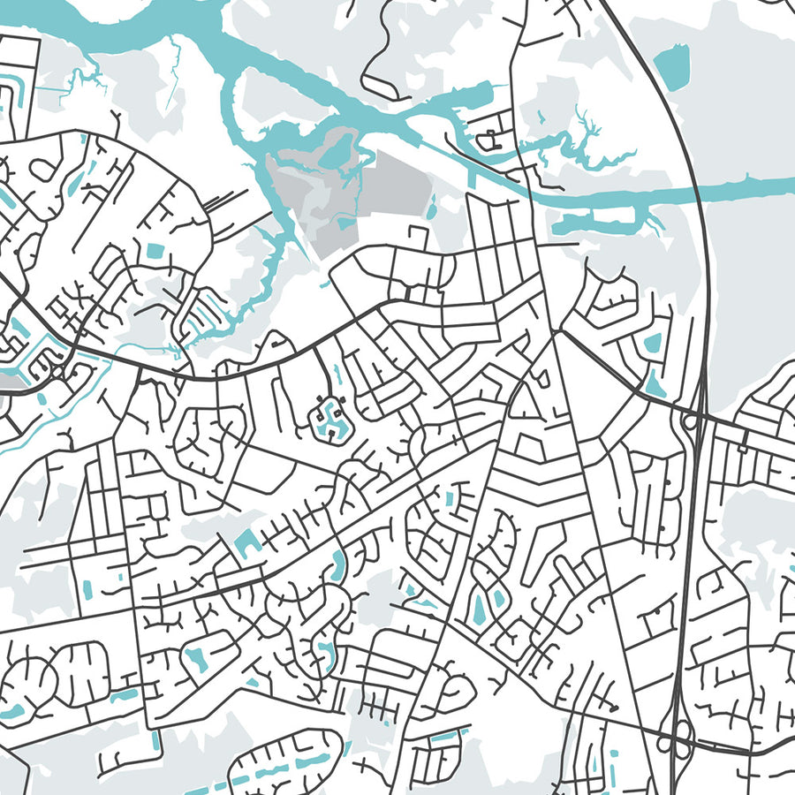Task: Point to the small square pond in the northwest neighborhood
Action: [155, 251]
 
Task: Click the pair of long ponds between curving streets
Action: [488, 605]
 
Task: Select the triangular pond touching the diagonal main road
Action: [655, 382]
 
